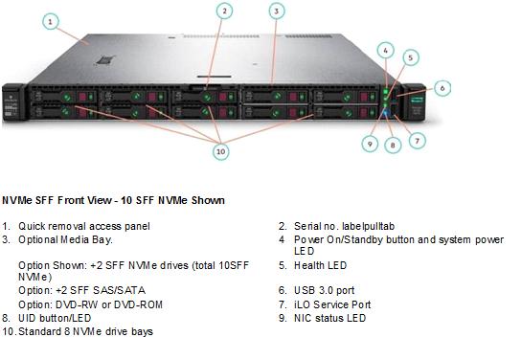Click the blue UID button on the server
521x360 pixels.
[385, 114]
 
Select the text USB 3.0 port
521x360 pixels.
[325, 290]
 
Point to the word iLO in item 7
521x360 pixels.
[302, 304]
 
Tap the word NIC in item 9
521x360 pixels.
[303, 318]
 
